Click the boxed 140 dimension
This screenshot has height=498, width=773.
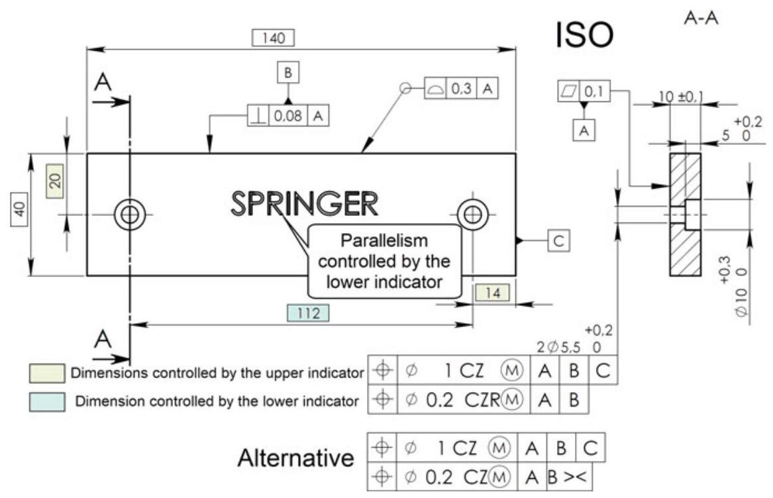274,38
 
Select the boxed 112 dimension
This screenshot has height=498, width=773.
308,313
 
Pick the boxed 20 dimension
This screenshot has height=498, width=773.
56,180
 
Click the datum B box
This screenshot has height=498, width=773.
287,74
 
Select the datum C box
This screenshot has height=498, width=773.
558,242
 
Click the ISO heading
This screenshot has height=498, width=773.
584,37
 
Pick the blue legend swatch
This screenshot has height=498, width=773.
46,401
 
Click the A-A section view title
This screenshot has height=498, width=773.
701,21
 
